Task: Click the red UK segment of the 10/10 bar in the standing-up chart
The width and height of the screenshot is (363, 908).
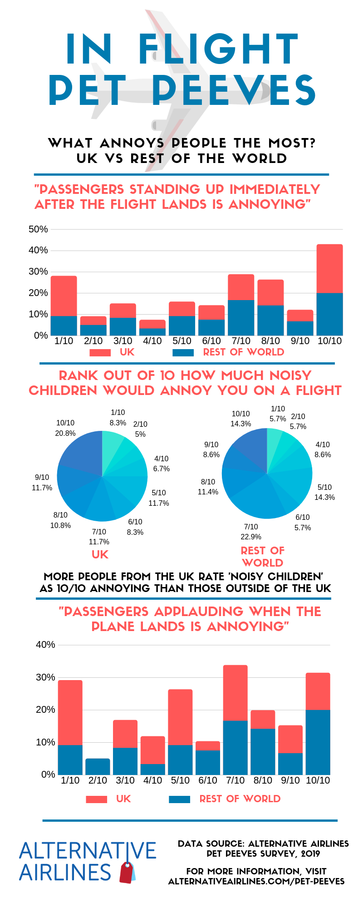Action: [x=329, y=268]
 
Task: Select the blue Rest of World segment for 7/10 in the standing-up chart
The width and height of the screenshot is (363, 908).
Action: [x=241, y=317]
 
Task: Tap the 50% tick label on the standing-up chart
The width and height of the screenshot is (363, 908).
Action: [x=38, y=229]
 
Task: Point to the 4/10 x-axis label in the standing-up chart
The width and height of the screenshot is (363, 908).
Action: [x=152, y=341]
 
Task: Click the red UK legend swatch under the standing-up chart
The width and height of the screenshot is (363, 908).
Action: [x=100, y=353]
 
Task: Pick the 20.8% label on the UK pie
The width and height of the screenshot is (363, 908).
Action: [x=65, y=433]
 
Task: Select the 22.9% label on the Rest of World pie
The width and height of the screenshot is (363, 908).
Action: [x=251, y=537]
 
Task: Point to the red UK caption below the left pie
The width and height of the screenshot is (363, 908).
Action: [x=100, y=554]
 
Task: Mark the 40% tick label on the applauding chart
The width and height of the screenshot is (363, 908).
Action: [x=45, y=645]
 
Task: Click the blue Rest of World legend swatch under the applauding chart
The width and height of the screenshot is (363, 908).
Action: [x=179, y=799]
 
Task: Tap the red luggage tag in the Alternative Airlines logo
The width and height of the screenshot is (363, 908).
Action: [x=127, y=873]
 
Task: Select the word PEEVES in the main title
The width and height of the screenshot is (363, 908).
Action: [x=234, y=90]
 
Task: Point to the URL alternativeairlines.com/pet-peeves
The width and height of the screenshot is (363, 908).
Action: [x=256, y=881]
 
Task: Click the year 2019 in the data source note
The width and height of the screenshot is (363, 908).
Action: [x=310, y=854]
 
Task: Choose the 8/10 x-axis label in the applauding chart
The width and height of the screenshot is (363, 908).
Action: [x=263, y=780]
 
